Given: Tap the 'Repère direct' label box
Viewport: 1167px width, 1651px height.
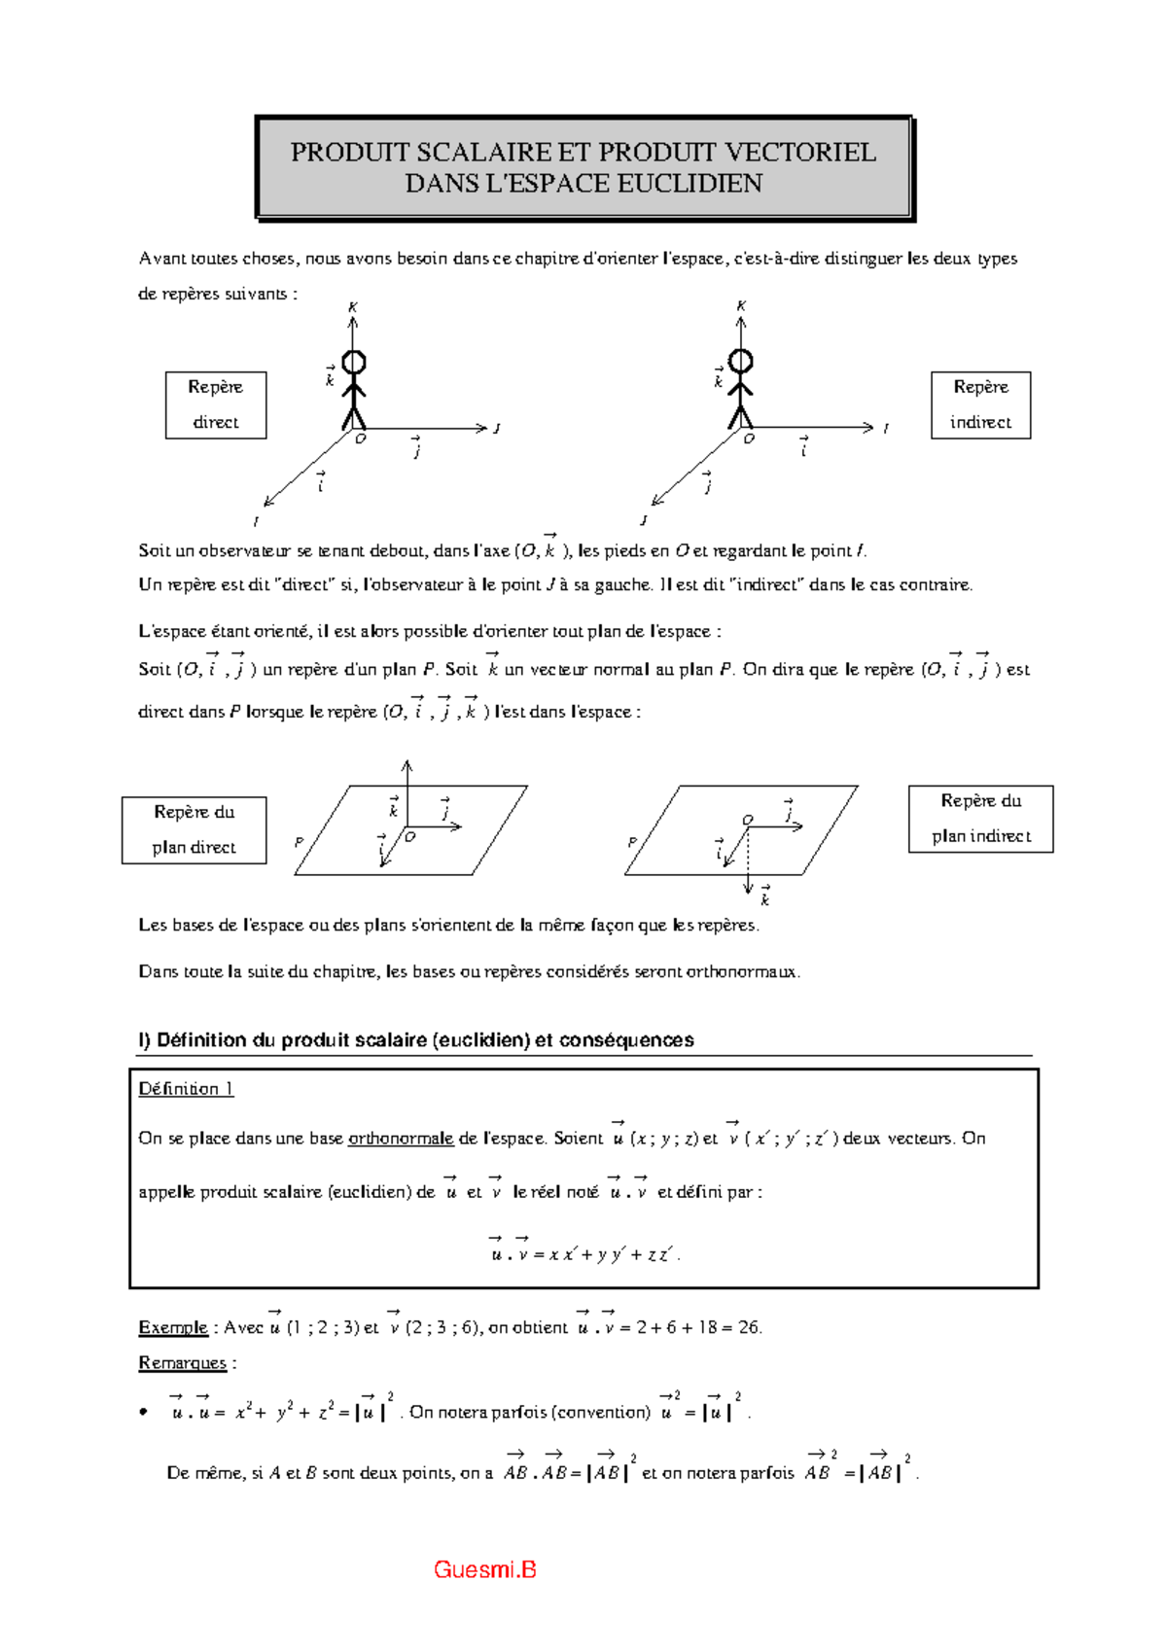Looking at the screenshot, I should [215, 404].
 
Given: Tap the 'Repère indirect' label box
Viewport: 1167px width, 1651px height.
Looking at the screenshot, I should [980, 404].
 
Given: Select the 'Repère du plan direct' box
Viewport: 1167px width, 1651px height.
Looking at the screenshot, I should [194, 829].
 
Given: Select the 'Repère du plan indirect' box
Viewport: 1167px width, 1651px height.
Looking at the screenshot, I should [980, 819].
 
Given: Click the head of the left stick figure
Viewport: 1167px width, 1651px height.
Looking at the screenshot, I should [354, 363].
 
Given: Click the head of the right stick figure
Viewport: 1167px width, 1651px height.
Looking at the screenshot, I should [741, 362].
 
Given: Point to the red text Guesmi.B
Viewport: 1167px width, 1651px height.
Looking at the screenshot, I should [484, 1569].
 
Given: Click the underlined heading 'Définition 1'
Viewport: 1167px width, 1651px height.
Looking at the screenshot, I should [186, 1089].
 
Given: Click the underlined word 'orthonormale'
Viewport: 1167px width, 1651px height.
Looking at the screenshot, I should [401, 1139].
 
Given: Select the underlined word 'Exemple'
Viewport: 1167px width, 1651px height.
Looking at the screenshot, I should [173, 1328].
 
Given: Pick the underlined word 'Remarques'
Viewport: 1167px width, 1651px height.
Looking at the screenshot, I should [182, 1363].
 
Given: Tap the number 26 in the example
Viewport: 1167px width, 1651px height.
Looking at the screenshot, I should [749, 1328].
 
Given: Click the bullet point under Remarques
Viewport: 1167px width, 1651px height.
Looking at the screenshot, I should [144, 1413].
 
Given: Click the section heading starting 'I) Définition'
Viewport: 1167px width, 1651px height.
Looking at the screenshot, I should [415, 1040].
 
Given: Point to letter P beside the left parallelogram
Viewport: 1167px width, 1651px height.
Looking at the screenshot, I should [299, 842].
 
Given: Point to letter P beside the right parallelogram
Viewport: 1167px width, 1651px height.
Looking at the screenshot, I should [632, 842].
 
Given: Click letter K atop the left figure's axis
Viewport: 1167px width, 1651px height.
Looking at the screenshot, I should [353, 307].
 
